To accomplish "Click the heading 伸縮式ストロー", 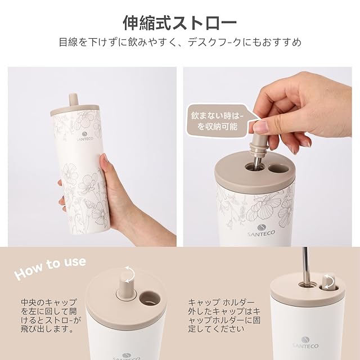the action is [180, 23].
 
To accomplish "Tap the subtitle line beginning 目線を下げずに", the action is [180, 42].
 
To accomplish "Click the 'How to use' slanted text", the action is [50, 268].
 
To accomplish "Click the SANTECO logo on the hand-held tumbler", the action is [88, 135].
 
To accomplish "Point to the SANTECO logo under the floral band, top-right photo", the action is [261, 230].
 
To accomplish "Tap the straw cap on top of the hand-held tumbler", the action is [73, 100].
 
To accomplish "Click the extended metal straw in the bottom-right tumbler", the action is [305, 265].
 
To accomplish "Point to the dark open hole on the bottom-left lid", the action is [150, 298].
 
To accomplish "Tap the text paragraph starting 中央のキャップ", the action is [49, 316].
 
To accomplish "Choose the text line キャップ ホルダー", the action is [221, 303].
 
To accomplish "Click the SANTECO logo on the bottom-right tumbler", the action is [305, 343].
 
